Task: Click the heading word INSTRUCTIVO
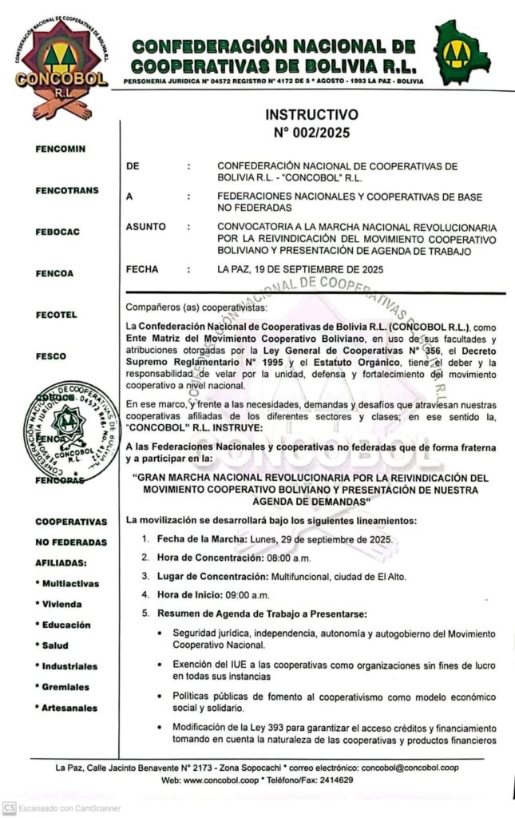(x=311, y=115)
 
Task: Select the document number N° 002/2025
(x=311, y=133)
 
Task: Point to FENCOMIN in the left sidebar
(x=60, y=149)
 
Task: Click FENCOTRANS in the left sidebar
(x=66, y=190)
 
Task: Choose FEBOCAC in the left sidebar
(x=57, y=232)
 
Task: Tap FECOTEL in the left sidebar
(x=57, y=315)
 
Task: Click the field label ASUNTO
(x=146, y=227)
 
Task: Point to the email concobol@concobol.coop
(x=410, y=767)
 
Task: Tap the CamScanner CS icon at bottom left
(x=9, y=808)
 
